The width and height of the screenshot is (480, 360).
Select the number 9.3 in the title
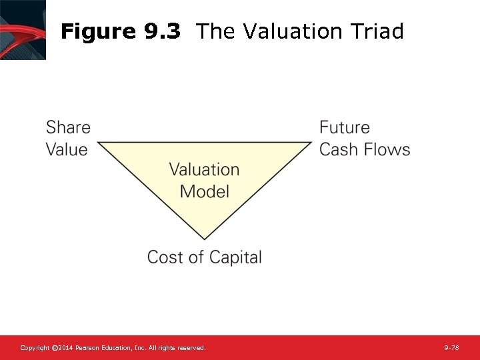point(161,31)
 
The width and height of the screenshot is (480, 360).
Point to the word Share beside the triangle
point(68,127)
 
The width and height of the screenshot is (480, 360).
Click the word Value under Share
point(67,149)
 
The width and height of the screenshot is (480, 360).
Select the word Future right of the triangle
point(344,127)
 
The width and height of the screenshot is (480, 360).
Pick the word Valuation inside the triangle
point(204,169)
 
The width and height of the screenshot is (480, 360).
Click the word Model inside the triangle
point(204,191)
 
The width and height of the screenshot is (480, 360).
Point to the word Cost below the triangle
point(165,257)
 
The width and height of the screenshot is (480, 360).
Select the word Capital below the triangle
point(235,258)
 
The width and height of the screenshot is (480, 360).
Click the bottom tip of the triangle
point(204,238)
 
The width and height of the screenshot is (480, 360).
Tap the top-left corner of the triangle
point(99,142)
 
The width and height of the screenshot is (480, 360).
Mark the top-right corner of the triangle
point(310,142)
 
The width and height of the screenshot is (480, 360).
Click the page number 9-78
point(451,348)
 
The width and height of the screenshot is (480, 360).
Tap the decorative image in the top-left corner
point(23,29)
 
